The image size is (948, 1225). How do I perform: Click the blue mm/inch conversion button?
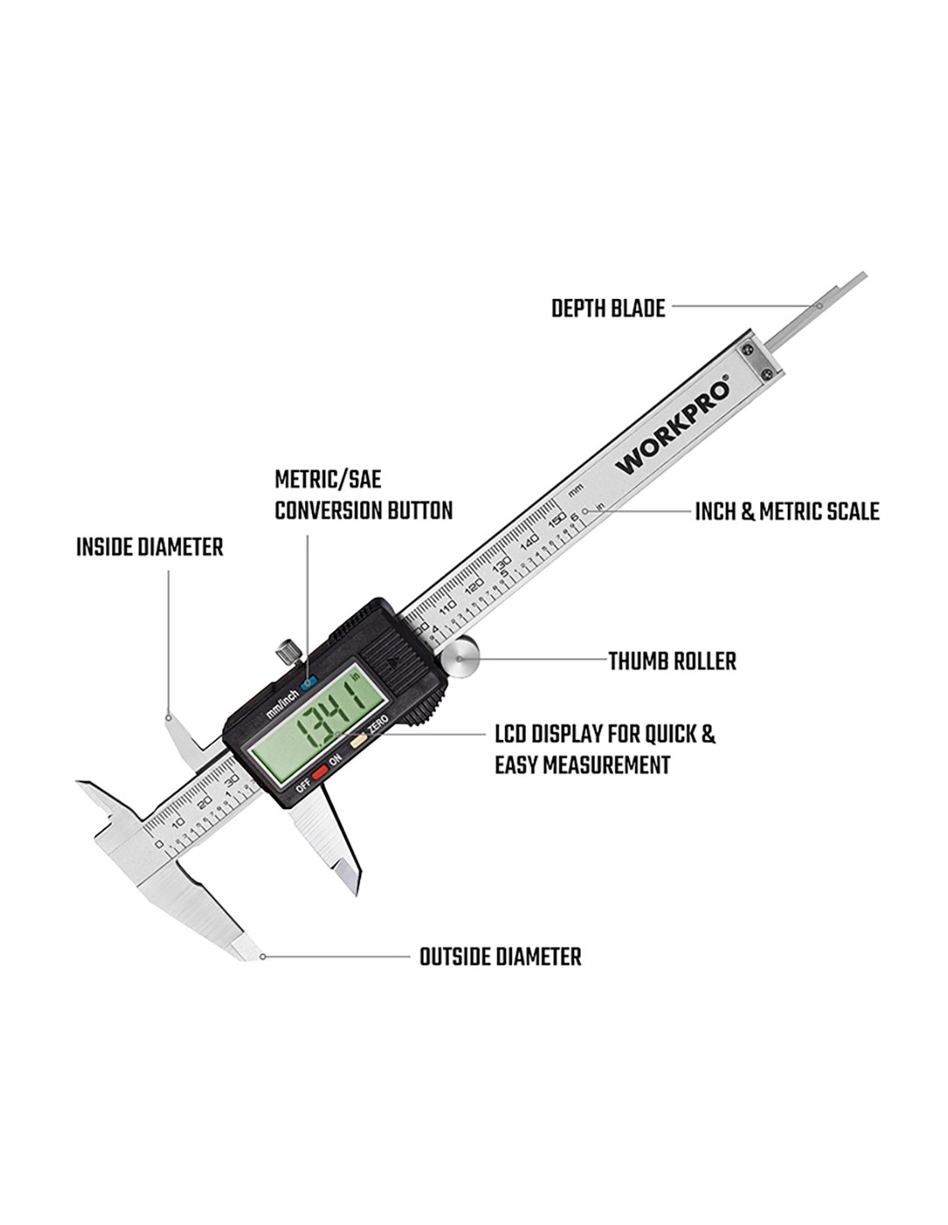click(308, 682)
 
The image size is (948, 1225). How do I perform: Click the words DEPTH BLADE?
click(608, 308)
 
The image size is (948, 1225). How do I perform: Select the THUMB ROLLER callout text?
click(672, 662)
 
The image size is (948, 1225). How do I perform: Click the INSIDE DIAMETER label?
click(149, 547)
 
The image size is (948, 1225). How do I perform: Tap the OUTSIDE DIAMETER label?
click(500, 957)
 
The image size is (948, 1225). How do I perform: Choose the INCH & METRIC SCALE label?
click(788, 512)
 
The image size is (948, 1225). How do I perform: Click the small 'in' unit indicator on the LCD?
click(356, 675)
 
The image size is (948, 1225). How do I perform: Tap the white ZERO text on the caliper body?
click(377, 724)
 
